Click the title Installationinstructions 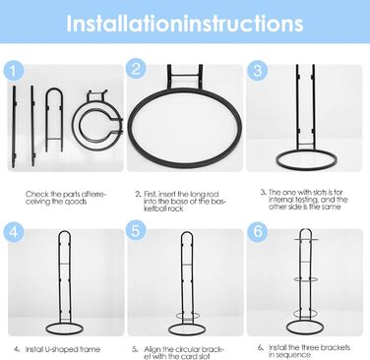click(x=185, y=23)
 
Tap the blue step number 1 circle click(x=13, y=71)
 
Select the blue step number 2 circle click(x=135, y=69)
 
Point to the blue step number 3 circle click(x=258, y=71)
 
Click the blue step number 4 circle click(x=14, y=232)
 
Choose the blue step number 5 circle click(x=136, y=230)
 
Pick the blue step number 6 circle click(x=258, y=231)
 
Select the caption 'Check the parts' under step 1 click(x=66, y=198)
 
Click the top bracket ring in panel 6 click(x=306, y=240)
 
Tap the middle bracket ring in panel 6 click(x=305, y=279)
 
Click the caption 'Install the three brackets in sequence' click(x=309, y=351)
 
